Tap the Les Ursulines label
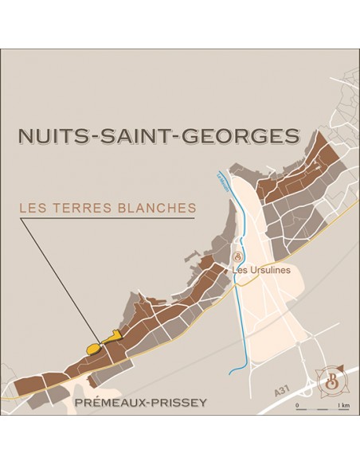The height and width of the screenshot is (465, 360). (x=261, y=271)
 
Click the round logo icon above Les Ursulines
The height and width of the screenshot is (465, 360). (x=237, y=256)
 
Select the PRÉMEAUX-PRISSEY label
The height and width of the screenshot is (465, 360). (x=139, y=403)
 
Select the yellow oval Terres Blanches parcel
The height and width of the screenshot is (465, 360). (x=92, y=348)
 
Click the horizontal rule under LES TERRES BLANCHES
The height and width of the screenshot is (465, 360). (x=108, y=218)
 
